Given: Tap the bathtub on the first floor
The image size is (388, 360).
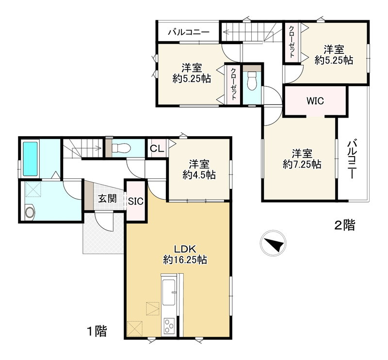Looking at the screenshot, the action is [31, 158].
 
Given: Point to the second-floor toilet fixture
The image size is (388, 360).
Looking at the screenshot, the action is [252, 81].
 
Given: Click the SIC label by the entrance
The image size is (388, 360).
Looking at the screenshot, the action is [136, 201].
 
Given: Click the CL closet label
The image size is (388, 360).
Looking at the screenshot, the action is [157, 149].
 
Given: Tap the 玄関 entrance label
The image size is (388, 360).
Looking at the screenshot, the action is [107, 199].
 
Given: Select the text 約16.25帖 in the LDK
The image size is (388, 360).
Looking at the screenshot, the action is [185, 260].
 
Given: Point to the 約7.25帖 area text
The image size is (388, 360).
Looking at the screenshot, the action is [302, 164].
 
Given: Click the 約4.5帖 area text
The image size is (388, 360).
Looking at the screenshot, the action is [199, 175].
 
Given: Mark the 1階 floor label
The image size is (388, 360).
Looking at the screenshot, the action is [97, 331].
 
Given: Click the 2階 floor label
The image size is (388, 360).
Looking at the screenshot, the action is [345, 225].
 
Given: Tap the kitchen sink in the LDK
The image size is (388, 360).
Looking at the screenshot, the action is [169, 293].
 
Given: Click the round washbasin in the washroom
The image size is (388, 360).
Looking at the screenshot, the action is [30, 212].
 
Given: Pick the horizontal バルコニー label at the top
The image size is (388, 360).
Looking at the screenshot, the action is [189, 32].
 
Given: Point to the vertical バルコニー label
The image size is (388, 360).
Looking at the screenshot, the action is [352, 159].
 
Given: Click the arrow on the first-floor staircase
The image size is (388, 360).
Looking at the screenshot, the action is [86, 148].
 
